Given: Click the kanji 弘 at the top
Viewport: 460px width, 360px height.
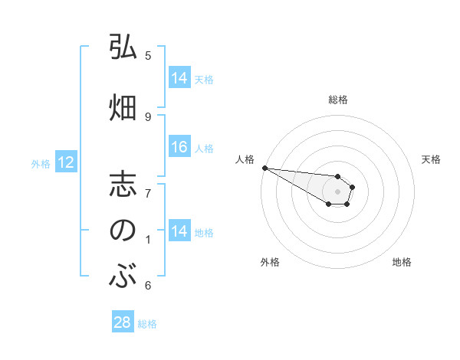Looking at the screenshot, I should pyautogui.click(x=123, y=47).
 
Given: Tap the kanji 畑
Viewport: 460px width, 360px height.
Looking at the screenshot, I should pyautogui.click(x=123, y=106).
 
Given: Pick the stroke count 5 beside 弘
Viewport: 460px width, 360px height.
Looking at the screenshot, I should pyautogui.click(x=148, y=56).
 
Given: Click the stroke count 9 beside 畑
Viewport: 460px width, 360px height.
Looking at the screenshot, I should pyautogui.click(x=148, y=116).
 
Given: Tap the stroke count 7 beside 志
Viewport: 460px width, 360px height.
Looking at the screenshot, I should pyautogui.click(x=148, y=192).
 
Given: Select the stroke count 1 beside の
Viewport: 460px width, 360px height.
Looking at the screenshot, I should pyautogui.click(x=148, y=241).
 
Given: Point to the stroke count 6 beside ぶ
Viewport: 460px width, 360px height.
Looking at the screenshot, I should pyautogui.click(x=148, y=286).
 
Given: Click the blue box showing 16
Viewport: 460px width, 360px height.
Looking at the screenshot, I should pyautogui.click(x=179, y=147).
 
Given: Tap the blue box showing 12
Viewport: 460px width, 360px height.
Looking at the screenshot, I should pyautogui.click(x=65, y=162).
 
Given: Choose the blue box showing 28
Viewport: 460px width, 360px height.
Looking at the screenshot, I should pyautogui.click(x=123, y=322).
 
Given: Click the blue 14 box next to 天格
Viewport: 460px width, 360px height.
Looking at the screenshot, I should pyautogui.click(x=179, y=78).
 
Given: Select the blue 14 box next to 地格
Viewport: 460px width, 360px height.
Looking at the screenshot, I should pyautogui.click(x=179, y=231).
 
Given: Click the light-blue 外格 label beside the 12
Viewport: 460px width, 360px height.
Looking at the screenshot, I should pyautogui.click(x=41, y=163).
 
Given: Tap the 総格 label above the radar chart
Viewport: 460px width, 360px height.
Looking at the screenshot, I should pyautogui.click(x=337, y=100).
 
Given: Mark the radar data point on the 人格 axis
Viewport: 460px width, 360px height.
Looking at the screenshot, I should pyautogui.click(x=264, y=168).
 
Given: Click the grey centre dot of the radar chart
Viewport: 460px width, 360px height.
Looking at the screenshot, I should pyautogui.click(x=337, y=191).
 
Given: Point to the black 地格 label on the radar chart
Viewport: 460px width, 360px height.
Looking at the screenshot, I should pyautogui.click(x=402, y=262).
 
